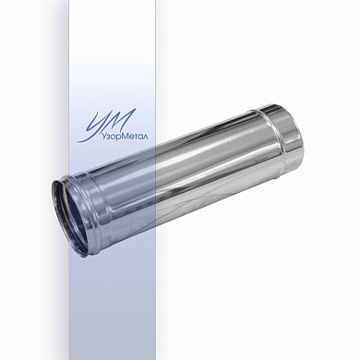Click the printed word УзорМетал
(x=125, y=137)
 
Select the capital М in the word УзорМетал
(x=123, y=136)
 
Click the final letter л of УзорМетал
(x=145, y=137)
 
